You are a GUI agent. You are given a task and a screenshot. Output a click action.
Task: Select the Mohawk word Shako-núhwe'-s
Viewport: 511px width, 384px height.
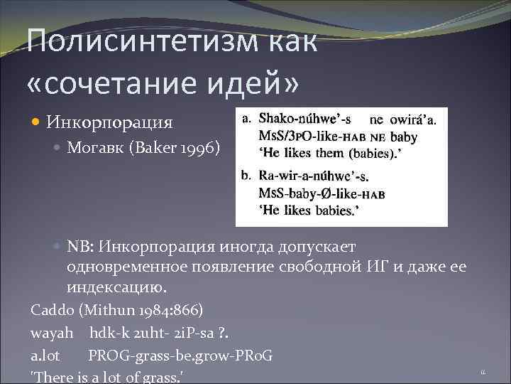click(305, 119)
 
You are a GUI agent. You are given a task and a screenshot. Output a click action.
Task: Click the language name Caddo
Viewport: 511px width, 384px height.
click(49, 310)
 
